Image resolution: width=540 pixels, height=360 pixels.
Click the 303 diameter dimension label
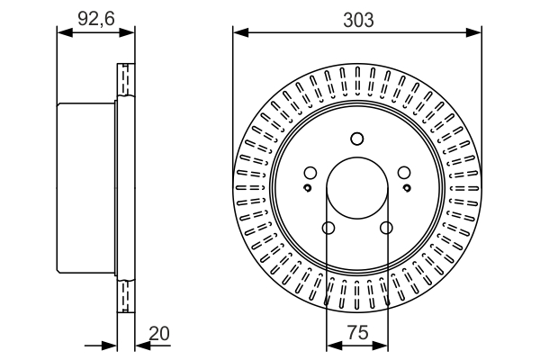357,18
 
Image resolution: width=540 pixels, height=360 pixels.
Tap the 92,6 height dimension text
95,18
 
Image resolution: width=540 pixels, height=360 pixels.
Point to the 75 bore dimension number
357,333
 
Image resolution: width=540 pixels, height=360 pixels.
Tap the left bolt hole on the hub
310,173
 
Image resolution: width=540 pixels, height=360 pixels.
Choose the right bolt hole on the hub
404,173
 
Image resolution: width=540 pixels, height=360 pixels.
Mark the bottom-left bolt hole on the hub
328,228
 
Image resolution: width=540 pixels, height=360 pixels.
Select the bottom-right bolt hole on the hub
387,228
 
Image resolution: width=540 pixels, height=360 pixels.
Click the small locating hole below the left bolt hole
308,188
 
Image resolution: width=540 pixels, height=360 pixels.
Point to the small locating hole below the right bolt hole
407,188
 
